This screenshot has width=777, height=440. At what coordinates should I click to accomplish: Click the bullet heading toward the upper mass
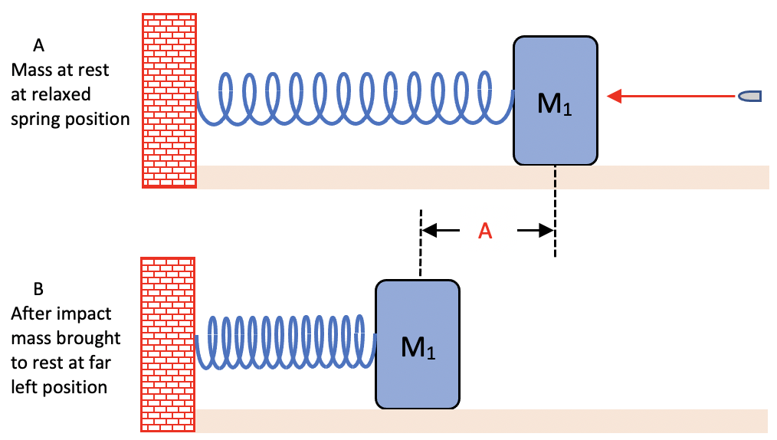click(x=749, y=96)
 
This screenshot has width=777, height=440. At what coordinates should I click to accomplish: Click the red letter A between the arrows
click(x=484, y=231)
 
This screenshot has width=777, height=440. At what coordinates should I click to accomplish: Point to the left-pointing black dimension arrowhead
click(x=431, y=229)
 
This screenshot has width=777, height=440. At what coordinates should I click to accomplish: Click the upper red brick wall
click(x=169, y=100)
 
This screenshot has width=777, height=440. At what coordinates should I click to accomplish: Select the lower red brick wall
click(x=169, y=345)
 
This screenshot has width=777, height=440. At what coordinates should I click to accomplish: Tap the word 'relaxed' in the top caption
click(x=64, y=95)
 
